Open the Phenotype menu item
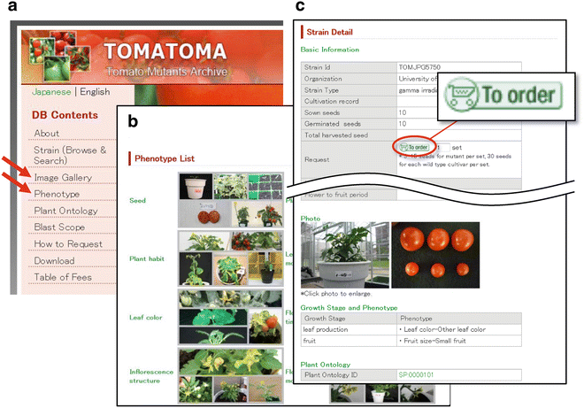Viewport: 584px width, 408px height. tap(63, 194)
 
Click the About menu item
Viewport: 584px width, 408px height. tap(47, 134)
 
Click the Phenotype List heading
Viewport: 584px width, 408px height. tap(165, 158)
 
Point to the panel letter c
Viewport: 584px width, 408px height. tap(300, 7)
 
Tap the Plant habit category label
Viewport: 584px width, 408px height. tap(146, 258)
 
